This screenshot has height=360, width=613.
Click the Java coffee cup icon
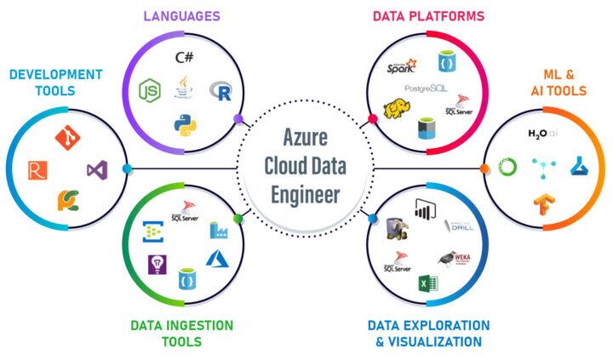pyautogui.click(x=183, y=88)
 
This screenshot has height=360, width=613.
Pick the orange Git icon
pyautogui.click(x=66, y=137)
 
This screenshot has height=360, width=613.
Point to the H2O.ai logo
pyautogui.click(x=542, y=134)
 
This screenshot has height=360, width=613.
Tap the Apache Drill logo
pyautogui.click(x=459, y=226)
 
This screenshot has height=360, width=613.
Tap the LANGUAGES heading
pyautogui.click(x=181, y=15)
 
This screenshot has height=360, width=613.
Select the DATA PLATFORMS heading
pyautogui.click(x=428, y=15)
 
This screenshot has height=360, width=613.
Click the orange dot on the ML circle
pyautogui.click(x=484, y=169)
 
